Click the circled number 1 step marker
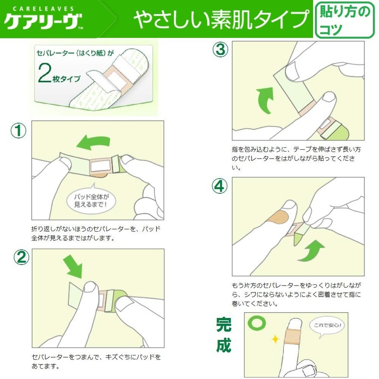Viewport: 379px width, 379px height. pos(18,131)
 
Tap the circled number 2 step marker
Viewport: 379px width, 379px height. pos(21,257)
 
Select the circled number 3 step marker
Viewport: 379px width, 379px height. pos(220,50)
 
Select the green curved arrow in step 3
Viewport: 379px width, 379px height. pos(265,100)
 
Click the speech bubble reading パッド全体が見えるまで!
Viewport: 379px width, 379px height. pos(91,199)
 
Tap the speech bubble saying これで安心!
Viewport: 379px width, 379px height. pos(327,326)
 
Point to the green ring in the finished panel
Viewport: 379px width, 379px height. pos(257,324)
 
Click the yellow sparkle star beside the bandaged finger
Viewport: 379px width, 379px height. pos(275,339)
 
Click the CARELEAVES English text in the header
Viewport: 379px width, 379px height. pos(43,9)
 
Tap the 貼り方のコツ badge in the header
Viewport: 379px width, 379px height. pos(345,20)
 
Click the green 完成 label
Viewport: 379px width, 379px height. pos(224,335)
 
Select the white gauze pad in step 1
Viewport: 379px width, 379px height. pos(100,165)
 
